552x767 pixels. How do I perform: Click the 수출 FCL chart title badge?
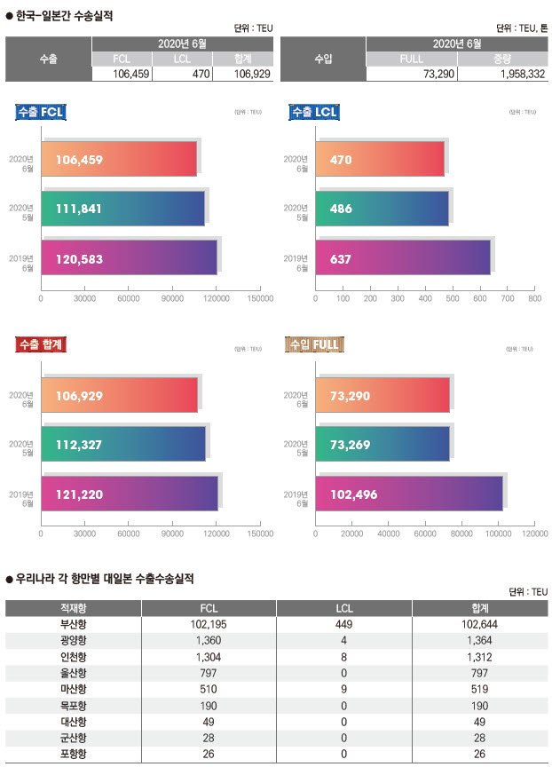click(43, 112)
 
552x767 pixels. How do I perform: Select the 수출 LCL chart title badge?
click(315, 112)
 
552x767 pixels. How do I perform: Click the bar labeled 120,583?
click(130, 258)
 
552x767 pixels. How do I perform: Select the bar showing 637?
click(403, 258)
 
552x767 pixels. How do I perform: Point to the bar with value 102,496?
click(409, 494)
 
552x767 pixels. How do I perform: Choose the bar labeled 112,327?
click(123, 445)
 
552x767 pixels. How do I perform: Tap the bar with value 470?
click(380, 160)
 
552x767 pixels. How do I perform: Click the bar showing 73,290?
click(382, 396)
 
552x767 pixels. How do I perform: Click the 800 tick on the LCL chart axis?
click(534, 299)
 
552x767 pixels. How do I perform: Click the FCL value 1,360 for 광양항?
click(209, 640)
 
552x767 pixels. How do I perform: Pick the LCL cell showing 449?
click(345, 624)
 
